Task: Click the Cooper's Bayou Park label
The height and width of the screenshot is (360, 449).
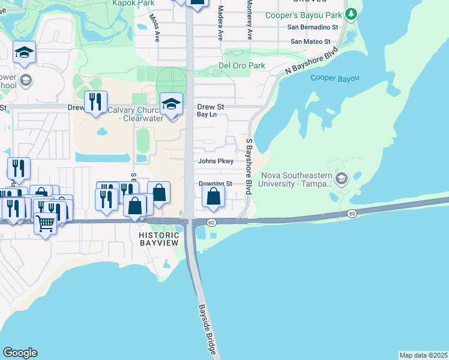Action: pyautogui.click(x=312, y=14)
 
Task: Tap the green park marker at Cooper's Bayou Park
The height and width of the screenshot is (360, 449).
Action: pyautogui.click(x=353, y=13)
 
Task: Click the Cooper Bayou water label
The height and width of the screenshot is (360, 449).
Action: pyautogui.click(x=335, y=78)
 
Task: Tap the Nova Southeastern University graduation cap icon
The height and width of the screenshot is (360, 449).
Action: pyautogui.click(x=342, y=178)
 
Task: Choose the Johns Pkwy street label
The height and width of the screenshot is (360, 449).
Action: pyautogui.click(x=215, y=161)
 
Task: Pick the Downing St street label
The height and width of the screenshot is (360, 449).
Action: pyautogui.click(x=215, y=184)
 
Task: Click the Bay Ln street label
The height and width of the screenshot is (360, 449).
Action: pyautogui.click(x=206, y=114)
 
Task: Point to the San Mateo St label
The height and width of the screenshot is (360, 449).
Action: pyautogui.click(x=310, y=41)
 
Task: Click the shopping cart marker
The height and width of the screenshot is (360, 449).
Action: pyautogui.click(x=46, y=224)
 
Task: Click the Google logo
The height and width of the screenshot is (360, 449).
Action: pyautogui.click(x=20, y=353)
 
